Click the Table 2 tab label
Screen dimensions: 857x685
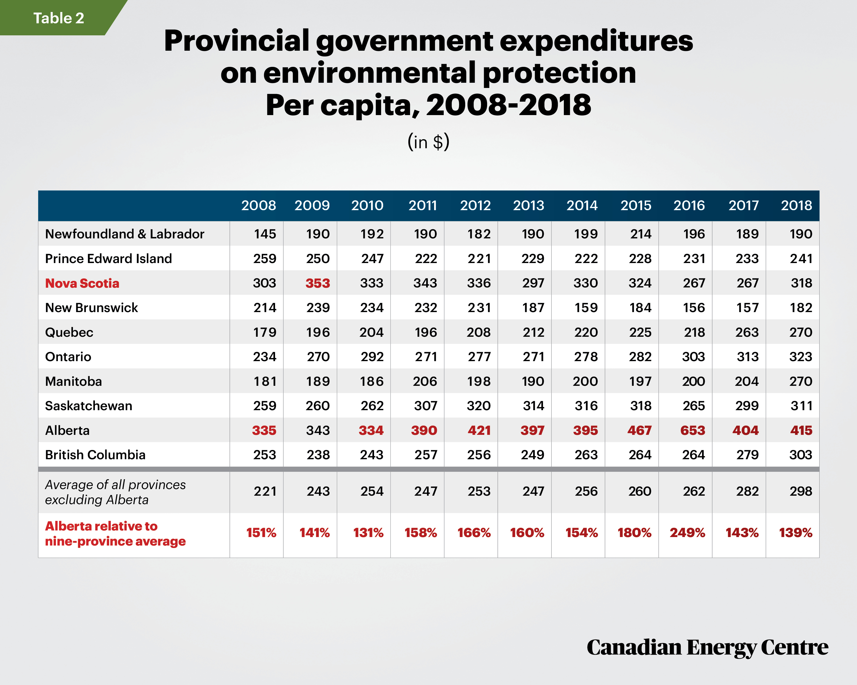pos(58,18)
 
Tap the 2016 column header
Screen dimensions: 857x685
pos(689,205)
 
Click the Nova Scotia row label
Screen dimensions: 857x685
pos(82,283)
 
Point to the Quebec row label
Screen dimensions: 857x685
pos(69,332)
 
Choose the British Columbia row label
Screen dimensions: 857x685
pos(95,455)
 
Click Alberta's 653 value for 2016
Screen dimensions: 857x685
pos(692,430)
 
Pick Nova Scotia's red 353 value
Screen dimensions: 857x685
pos(318,283)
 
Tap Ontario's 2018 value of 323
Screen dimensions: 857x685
pos(801,356)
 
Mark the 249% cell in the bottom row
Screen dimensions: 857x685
pos(687,532)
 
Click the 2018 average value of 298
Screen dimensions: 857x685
pos(801,491)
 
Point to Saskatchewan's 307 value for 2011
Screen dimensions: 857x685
pos(425,406)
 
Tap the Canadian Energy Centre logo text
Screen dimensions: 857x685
pos(708,648)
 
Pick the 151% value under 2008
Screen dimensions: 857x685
pos(261,532)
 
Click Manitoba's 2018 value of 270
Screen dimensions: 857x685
pos(801,381)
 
